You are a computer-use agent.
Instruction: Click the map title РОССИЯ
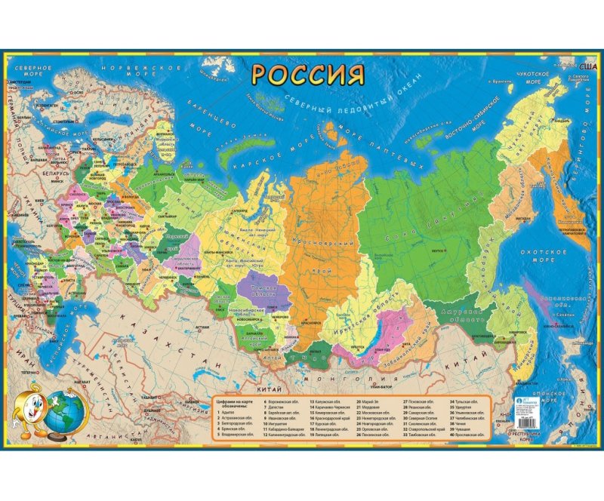pos(308,75)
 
